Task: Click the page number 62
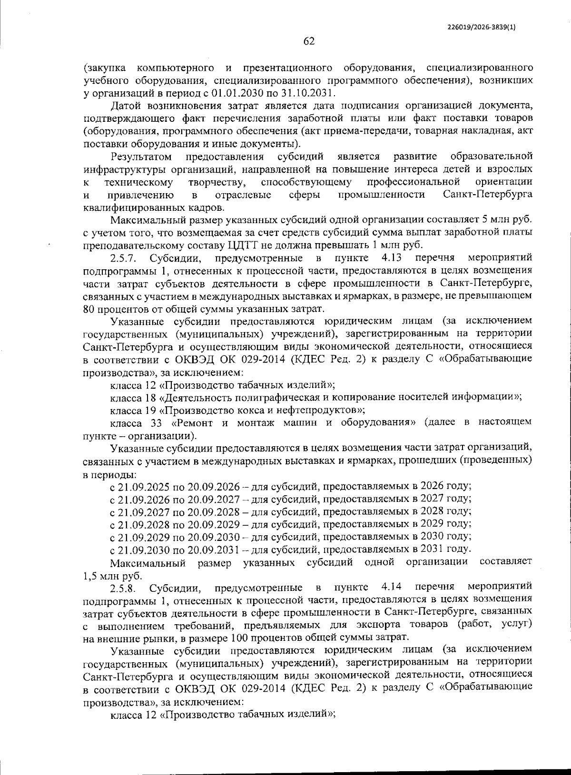(309, 41)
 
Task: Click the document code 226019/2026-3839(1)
(481, 27)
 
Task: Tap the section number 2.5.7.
(124, 258)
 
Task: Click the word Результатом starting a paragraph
(140, 157)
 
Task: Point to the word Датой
(125, 105)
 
